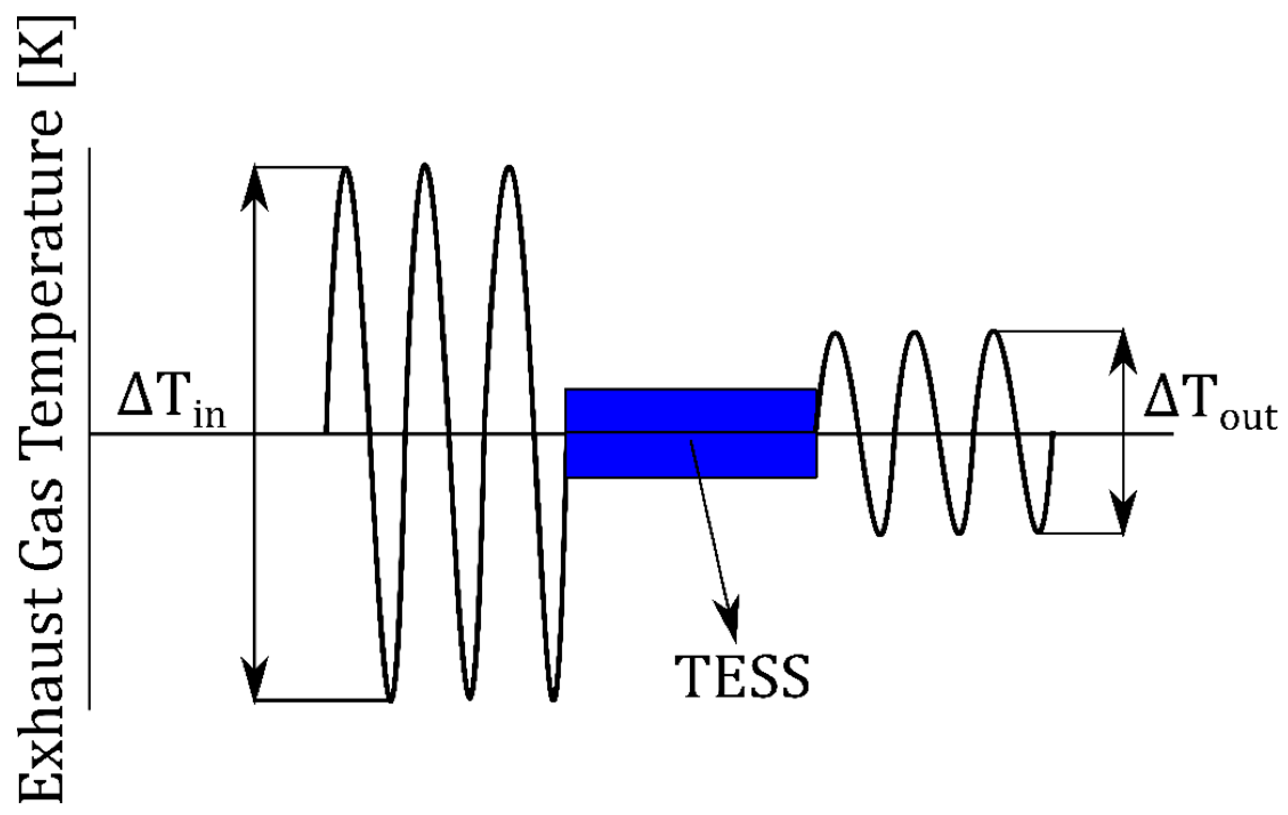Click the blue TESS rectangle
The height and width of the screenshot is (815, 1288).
click(691, 433)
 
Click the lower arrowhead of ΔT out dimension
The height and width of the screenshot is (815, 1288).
click(1123, 511)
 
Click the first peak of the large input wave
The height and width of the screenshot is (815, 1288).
click(347, 170)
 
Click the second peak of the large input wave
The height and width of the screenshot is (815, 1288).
click(425, 166)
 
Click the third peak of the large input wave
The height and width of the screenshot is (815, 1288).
click(509, 168)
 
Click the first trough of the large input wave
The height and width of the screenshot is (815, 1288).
click(391, 698)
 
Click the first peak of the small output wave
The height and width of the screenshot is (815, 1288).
click(836, 335)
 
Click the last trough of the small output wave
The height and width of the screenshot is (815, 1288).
click(1038, 532)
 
